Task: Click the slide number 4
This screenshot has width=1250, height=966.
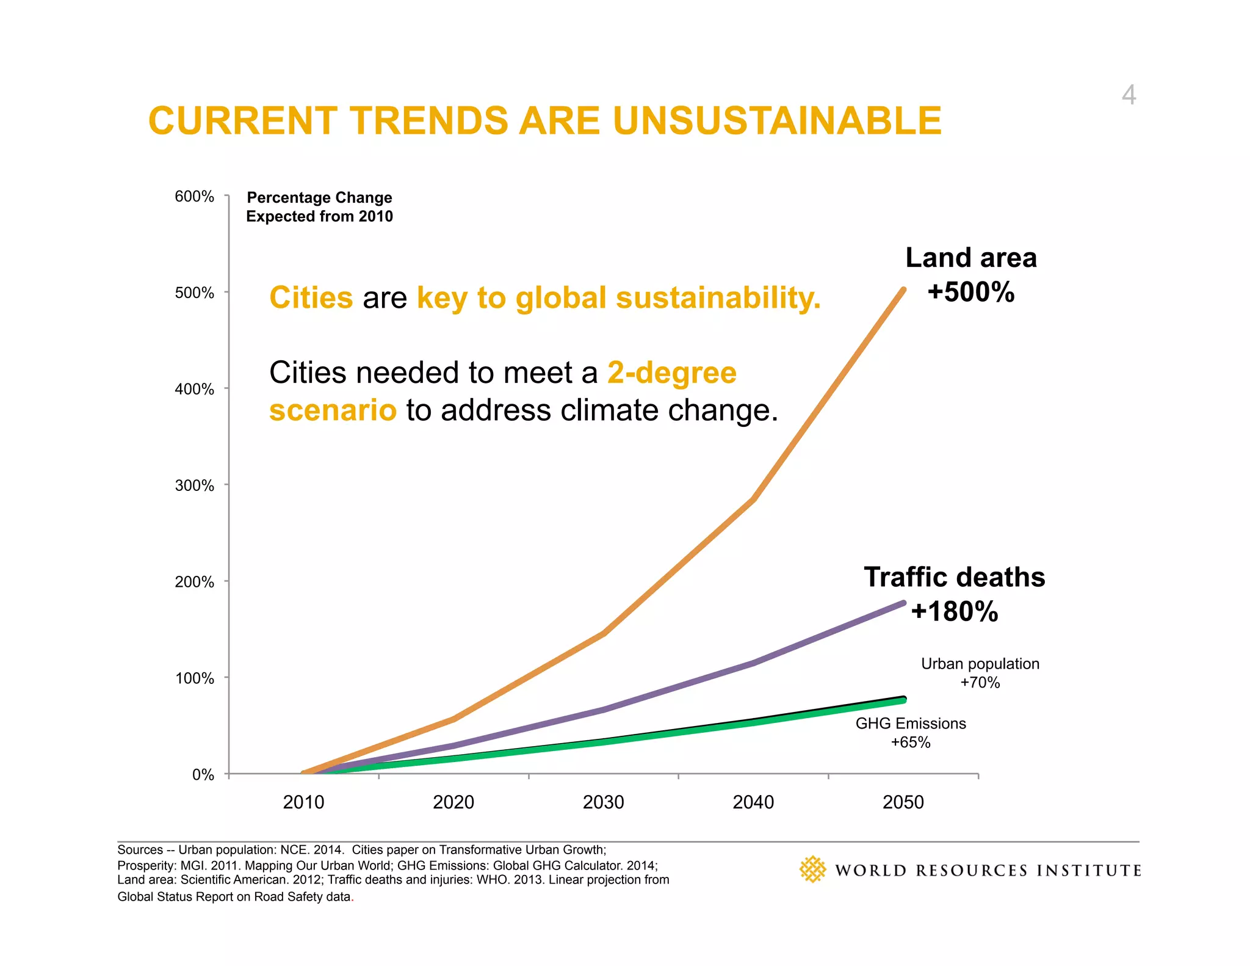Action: [1129, 95]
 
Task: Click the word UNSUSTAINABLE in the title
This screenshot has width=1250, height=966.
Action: [777, 120]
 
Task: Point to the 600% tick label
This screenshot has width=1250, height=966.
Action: [194, 197]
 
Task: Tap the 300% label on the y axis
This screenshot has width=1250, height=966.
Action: [194, 485]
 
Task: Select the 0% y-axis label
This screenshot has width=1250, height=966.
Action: [203, 775]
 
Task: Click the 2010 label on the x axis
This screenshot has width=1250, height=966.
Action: [303, 802]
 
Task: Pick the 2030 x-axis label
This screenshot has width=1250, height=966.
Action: [603, 802]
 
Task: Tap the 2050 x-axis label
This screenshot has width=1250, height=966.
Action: [903, 802]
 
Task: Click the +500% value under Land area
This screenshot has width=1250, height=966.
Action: [970, 292]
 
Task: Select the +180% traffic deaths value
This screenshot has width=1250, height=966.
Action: [954, 611]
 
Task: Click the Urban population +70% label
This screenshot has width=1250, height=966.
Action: [980, 673]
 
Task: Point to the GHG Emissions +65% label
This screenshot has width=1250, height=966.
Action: [911, 733]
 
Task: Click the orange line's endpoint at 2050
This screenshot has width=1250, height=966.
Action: [903, 290]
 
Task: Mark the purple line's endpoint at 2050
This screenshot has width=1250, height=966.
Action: [903, 603]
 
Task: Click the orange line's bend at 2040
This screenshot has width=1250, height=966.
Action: [754, 499]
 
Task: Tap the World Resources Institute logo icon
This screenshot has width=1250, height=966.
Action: [812, 870]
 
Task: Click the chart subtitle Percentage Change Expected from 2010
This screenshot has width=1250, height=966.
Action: [319, 207]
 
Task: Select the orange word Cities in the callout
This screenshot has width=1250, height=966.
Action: [311, 298]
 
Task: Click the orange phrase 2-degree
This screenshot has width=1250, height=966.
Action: [672, 372]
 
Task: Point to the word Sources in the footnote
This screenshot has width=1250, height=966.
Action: [140, 850]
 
